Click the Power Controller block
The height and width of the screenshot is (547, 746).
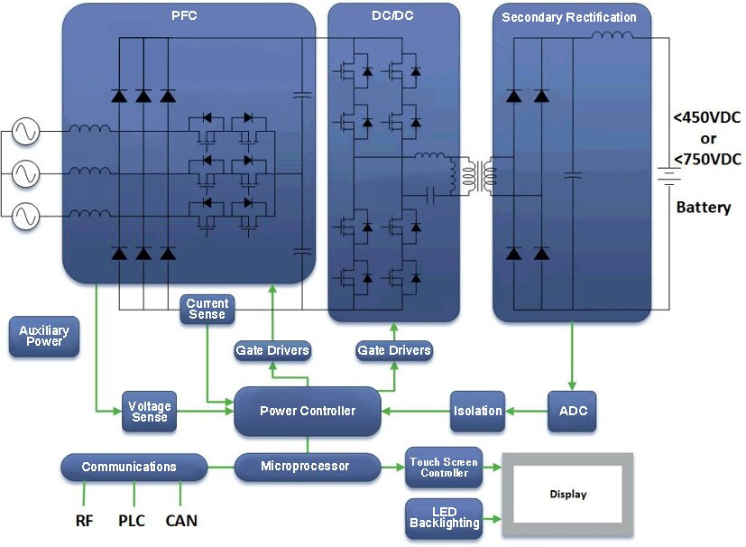pyautogui.click(x=307, y=411)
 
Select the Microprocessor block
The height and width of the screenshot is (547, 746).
pyautogui.click(x=306, y=466)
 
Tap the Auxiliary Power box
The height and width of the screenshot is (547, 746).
pyautogui.click(x=43, y=337)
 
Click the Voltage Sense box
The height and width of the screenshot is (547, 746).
pyautogui.click(x=149, y=412)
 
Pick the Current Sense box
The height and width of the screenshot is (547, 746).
pyautogui.click(x=207, y=309)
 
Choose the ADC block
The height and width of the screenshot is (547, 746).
pyautogui.click(x=573, y=411)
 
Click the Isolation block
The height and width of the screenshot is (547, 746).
pyautogui.click(x=477, y=411)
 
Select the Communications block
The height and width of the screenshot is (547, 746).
pyautogui.click(x=129, y=467)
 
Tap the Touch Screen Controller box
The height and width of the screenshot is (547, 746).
pyautogui.click(x=443, y=467)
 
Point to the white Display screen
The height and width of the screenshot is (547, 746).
pyautogui.click(x=567, y=494)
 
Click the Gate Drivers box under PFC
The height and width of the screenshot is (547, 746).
pyautogui.click(x=272, y=350)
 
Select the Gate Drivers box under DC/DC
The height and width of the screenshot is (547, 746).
pyautogui.click(x=393, y=350)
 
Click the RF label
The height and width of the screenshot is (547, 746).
pyautogui.click(x=85, y=521)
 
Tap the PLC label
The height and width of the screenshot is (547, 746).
pyautogui.click(x=132, y=521)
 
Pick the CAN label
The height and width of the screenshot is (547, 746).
pyautogui.click(x=180, y=521)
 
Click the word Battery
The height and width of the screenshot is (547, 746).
pyautogui.click(x=703, y=208)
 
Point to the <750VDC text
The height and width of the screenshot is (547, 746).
pyautogui.click(x=707, y=160)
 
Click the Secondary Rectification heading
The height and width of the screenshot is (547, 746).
pyautogui.click(x=568, y=17)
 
